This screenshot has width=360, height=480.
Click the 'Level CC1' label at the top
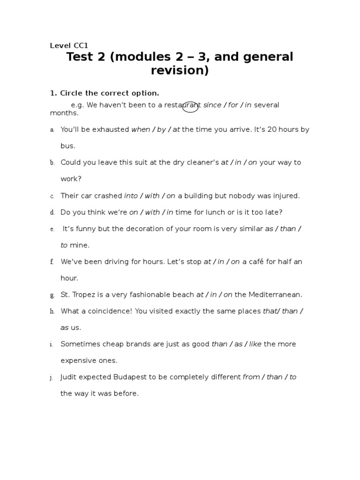(69, 45)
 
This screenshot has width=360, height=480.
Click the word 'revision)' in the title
(180, 71)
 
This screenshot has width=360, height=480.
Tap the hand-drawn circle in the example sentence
(190, 107)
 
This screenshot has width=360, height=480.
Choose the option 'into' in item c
(131, 195)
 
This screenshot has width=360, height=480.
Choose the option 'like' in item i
(255, 344)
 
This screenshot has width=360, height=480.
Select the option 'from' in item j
(251, 377)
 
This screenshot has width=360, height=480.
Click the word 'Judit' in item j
(69, 377)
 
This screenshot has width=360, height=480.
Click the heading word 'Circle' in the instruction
(71, 93)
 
